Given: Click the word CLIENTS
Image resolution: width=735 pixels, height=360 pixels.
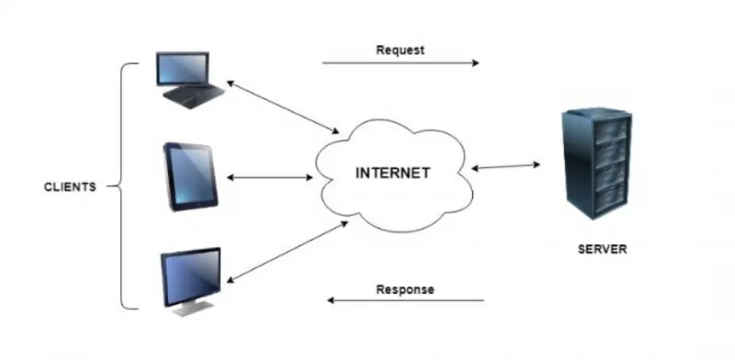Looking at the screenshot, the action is [x=70, y=187].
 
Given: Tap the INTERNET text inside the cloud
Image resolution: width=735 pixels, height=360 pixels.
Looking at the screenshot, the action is [x=393, y=173].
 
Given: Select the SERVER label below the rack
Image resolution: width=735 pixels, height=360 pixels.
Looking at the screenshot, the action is [x=602, y=249].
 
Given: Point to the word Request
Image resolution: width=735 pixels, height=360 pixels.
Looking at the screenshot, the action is [x=401, y=51].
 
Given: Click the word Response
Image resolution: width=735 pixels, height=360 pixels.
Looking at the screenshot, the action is [x=405, y=289].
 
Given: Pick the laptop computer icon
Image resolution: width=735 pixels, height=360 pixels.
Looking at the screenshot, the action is [x=190, y=80].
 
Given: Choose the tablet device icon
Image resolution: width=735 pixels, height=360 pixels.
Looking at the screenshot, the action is [x=190, y=176].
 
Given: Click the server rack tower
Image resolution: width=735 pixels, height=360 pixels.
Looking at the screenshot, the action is [x=597, y=163].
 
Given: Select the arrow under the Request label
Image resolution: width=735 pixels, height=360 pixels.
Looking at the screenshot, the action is [x=401, y=62].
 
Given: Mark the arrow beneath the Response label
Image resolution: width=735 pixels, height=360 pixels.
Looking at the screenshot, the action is [x=405, y=300].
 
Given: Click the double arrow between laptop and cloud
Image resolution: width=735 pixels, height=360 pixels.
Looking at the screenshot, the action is [x=283, y=107].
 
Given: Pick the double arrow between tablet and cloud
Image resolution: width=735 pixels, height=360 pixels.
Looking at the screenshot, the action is [x=269, y=177].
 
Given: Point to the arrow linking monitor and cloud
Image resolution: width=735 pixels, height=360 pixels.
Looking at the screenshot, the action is [x=287, y=253].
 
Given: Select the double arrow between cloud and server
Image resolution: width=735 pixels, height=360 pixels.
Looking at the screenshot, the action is [x=506, y=166].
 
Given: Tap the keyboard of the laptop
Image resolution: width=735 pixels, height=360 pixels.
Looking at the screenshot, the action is [x=194, y=96].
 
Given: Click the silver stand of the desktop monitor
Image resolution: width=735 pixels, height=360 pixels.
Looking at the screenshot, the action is [x=190, y=309].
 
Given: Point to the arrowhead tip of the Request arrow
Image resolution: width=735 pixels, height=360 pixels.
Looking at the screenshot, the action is [x=479, y=62].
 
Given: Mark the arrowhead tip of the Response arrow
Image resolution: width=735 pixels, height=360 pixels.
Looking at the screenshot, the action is [x=327, y=300].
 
